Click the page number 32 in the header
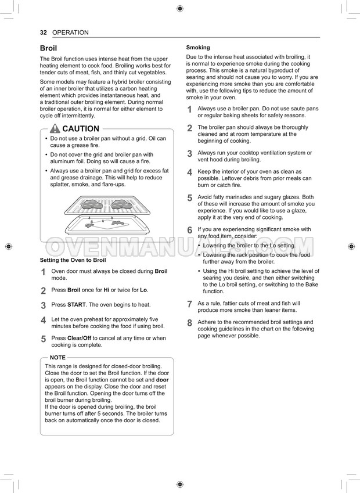44,33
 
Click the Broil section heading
48,48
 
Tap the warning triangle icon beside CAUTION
55,128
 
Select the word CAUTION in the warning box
81,128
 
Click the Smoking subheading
198,48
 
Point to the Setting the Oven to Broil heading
73,260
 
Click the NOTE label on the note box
57,358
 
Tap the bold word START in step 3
76,304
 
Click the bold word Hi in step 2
106,290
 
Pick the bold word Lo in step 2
143,290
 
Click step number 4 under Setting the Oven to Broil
44,321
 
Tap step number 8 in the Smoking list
189,323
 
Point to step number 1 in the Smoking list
189,109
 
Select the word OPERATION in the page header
70,33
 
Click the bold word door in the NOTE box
163,380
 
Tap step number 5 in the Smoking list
189,198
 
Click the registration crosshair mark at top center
179,8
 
